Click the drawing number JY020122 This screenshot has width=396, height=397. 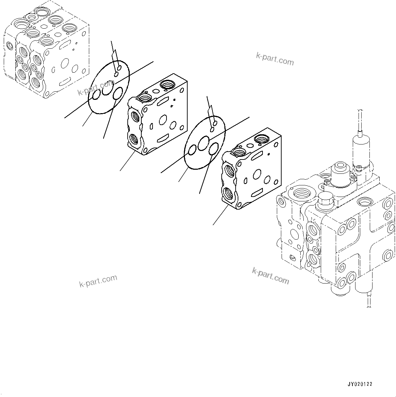[x=360, y=384]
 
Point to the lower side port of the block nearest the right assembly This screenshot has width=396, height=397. [x=228, y=195]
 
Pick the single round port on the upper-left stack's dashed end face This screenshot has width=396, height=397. [x=9, y=45]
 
